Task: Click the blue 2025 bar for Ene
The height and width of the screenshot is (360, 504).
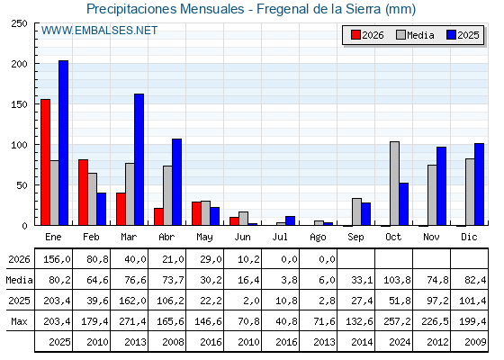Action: [x=63, y=143]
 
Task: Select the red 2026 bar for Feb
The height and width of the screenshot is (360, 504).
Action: [x=83, y=193]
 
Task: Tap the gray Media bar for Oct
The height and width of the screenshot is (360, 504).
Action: [x=395, y=184]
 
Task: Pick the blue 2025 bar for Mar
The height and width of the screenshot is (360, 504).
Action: [x=139, y=159]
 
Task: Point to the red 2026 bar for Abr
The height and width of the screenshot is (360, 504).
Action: [x=158, y=217]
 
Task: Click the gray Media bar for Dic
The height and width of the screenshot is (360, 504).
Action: [x=470, y=192]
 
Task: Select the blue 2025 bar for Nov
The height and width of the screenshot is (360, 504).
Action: [x=441, y=186]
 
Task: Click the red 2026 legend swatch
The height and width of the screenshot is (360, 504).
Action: [x=355, y=35]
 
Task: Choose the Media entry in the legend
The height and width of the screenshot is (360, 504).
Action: [x=415, y=35]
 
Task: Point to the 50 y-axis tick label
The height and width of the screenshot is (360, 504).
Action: [x=22, y=185]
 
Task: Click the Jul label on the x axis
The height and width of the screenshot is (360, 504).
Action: [x=280, y=237]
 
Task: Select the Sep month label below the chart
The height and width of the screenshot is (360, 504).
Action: [x=355, y=238]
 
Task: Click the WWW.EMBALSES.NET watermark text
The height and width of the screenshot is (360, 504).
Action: [x=99, y=31]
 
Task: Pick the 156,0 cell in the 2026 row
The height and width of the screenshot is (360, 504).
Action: [x=57, y=259]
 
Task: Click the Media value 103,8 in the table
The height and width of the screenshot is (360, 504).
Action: [x=397, y=280]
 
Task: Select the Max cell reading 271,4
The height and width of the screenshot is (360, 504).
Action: [x=132, y=321]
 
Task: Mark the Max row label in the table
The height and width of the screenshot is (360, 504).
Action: [x=19, y=321]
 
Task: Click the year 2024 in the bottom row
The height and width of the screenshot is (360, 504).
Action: [x=400, y=342]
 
